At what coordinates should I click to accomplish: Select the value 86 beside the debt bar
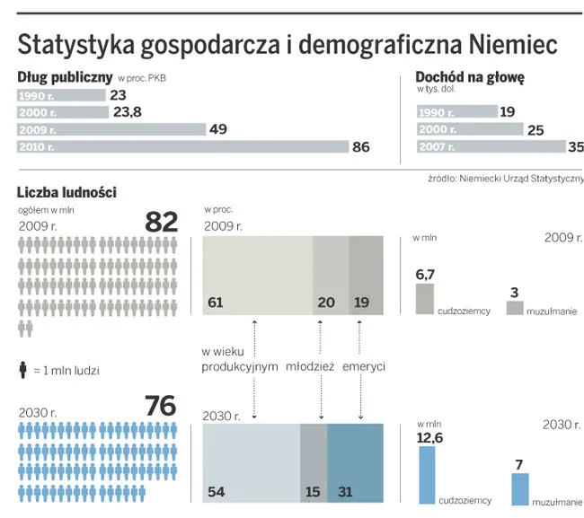click(360, 147)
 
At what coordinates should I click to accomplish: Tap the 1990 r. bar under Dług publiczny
click(60, 94)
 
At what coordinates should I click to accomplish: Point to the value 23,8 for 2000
click(125, 112)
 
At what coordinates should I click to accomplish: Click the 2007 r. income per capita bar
click(491, 146)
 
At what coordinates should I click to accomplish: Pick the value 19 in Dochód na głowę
click(507, 111)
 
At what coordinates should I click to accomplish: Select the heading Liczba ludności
click(66, 192)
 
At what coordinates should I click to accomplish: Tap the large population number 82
click(161, 221)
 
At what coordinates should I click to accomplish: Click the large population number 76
click(161, 406)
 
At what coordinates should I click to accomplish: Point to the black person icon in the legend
click(22, 369)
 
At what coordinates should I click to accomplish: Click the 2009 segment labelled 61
click(257, 276)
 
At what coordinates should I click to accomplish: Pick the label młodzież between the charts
click(310, 366)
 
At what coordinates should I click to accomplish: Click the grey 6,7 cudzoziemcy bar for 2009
click(425, 299)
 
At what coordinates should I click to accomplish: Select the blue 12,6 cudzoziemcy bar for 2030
click(427, 475)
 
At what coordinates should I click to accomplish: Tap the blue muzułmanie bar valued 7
click(520, 488)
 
